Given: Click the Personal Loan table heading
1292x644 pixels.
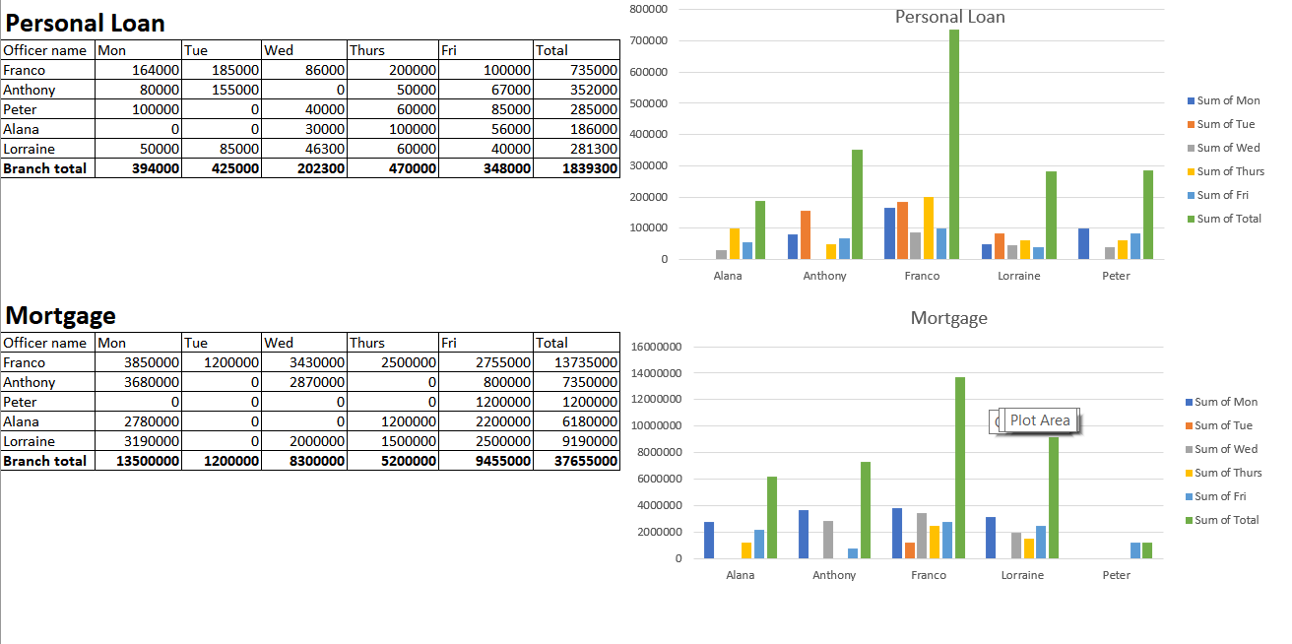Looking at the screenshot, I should [x=86, y=23].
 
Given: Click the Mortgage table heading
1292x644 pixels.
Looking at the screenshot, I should [x=61, y=315].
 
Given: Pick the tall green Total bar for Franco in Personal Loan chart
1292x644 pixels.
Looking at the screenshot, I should [x=953, y=145].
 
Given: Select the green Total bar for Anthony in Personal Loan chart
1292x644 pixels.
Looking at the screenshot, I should [x=857, y=204].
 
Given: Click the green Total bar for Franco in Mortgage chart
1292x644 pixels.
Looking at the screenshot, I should [x=960, y=468].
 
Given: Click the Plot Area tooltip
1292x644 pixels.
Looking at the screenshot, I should [x=1040, y=420].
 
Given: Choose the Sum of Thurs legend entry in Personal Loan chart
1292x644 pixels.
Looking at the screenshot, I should [x=1230, y=171].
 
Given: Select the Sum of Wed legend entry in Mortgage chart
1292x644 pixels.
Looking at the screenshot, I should [x=1227, y=449].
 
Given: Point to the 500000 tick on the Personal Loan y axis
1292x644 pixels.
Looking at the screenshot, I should [x=648, y=102].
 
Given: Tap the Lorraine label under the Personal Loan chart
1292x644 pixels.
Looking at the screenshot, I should [x=1018, y=276].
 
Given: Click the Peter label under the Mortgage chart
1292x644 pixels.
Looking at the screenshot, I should [x=1117, y=575].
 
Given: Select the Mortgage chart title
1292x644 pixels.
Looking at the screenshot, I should [x=948, y=318].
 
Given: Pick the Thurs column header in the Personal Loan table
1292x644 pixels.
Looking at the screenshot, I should [x=367, y=50].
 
